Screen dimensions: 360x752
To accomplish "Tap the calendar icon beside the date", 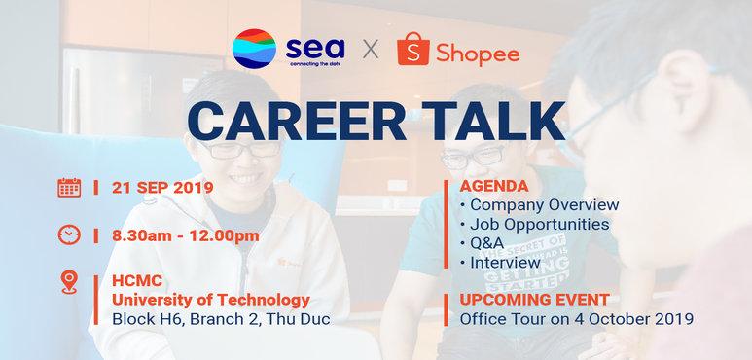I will pyautogui.click(x=69, y=186).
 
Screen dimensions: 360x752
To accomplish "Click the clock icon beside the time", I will pyautogui.click(x=69, y=235).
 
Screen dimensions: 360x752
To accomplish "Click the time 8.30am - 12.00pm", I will pyautogui.click(x=186, y=236).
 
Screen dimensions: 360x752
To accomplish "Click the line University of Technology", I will pyautogui.click(x=211, y=300).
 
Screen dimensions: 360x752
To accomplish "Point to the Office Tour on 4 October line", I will pyautogui.click(x=576, y=318).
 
